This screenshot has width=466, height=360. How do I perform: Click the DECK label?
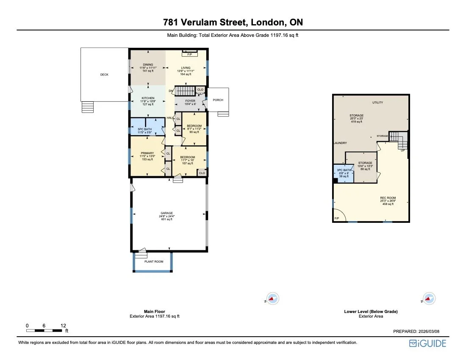click(104, 75)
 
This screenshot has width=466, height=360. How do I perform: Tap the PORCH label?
click(218, 100)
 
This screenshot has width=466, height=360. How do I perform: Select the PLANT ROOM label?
click(153, 262)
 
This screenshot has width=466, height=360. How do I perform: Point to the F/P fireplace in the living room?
click(189, 54)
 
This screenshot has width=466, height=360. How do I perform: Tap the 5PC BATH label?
click(145, 129)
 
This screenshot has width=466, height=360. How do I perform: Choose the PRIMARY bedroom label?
click(147, 153)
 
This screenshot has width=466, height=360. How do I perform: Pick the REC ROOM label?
click(388, 198)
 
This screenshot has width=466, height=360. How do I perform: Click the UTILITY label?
click(378, 102)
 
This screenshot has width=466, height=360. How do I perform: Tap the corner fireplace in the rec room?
click(338, 216)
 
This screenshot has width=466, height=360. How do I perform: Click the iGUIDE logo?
click(427, 343)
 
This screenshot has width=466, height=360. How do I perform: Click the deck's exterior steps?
click(87, 107)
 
